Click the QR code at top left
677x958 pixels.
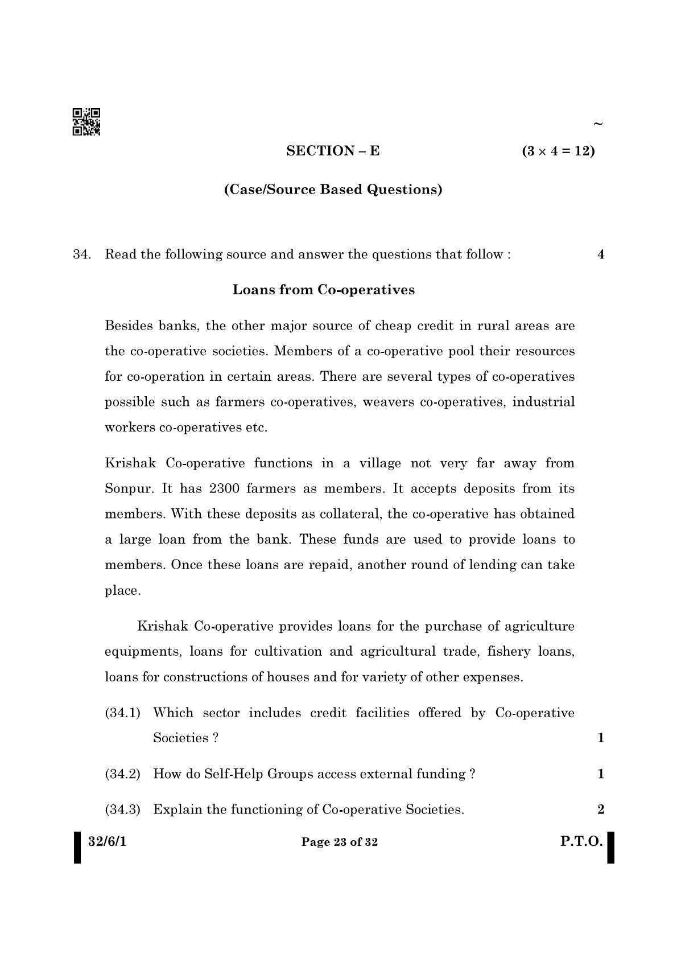pyautogui.click(x=86, y=122)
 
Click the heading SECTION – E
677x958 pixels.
pyautogui.click(x=333, y=151)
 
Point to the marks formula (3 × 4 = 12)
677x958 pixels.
pyautogui.click(x=558, y=151)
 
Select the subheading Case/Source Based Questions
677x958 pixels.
pyautogui.click(x=333, y=189)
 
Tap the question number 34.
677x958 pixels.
pyautogui.click(x=82, y=254)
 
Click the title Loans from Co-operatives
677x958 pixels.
pyautogui.click(x=324, y=290)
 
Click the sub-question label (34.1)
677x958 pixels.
pyautogui.click(x=123, y=713)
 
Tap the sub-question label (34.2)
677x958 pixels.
pyautogui.click(x=123, y=774)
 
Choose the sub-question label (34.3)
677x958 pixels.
pyautogui.click(x=123, y=809)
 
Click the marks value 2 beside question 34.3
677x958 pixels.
pyautogui.click(x=601, y=809)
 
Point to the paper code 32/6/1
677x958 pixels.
pyautogui.click(x=108, y=841)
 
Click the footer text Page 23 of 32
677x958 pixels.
pyautogui.click(x=340, y=842)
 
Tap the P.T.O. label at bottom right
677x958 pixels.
pyautogui.click(x=581, y=841)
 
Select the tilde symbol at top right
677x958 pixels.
pyautogui.click(x=597, y=124)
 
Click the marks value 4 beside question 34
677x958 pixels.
pyautogui.click(x=601, y=254)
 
